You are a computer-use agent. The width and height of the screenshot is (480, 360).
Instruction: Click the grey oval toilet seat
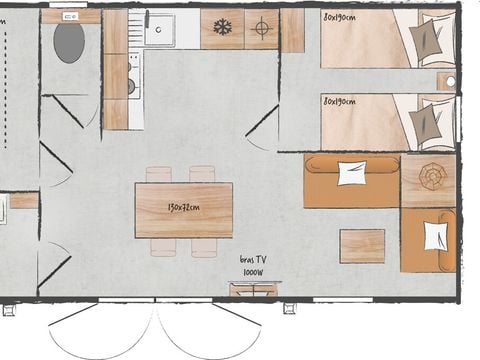point(69,43)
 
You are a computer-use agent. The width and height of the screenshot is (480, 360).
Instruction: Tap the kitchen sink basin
point(158,29)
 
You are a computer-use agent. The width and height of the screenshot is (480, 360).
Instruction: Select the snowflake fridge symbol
point(222,28)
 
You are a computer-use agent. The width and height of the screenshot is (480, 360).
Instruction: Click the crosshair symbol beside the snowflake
point(261,28)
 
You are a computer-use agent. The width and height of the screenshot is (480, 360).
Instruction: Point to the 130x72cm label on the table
point(183,208)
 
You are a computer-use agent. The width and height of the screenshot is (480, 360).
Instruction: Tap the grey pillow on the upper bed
point(427,41)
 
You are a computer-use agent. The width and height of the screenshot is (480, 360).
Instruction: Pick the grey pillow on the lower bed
point(427,125)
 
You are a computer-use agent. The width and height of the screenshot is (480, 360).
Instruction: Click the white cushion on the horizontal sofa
point(352,173)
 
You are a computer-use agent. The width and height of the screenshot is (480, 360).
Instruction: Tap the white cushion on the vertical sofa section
point(436,236)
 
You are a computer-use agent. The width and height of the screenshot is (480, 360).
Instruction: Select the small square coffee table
point(362,246)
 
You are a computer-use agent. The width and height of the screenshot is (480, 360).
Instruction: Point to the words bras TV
point(253,259)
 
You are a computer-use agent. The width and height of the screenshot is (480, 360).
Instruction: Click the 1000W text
point(253,271)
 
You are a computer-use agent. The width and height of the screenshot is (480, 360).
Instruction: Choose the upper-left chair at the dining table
point(159,174)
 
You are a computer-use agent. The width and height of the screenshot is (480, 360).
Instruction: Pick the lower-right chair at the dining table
point(204,246)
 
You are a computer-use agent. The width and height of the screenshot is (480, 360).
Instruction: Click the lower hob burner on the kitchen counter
point(131,87)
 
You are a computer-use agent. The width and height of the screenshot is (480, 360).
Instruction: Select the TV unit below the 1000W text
point(253,290)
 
